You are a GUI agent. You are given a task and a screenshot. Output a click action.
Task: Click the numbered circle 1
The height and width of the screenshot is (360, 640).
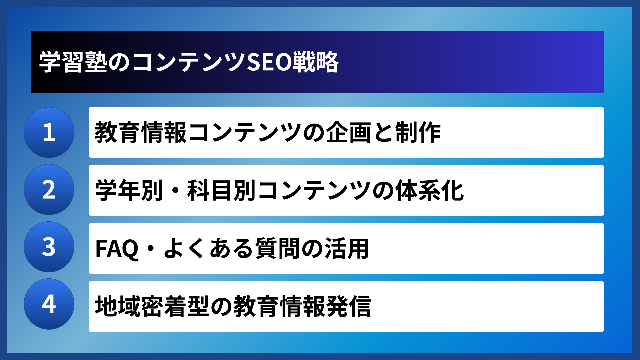click(49, 132)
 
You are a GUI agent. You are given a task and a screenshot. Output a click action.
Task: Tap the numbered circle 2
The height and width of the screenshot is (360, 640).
click(49, 190)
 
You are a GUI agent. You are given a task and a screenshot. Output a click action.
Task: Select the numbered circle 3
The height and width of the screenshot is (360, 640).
click(49, 247)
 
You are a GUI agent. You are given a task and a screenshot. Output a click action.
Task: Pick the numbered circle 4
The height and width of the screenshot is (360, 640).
click(49, 304)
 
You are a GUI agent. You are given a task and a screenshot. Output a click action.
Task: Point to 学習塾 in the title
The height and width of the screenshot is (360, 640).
click(73, 62)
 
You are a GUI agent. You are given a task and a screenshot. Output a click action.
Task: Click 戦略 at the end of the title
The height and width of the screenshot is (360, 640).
click(315, 62)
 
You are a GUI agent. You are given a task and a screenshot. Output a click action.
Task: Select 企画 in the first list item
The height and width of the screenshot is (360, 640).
click(348, 133)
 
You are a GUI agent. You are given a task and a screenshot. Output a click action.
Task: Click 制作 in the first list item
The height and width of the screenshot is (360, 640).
click(418, 133)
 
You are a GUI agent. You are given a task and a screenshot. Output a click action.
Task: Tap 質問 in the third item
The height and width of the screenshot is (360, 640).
click(278, 249)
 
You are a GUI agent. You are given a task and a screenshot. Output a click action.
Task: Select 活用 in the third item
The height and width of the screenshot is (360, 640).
click(347, 249)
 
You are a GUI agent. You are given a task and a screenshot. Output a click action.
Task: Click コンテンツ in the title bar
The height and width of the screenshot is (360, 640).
click(189, 62)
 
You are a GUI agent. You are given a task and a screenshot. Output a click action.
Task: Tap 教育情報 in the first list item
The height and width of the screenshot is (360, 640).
click(140, 133)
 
